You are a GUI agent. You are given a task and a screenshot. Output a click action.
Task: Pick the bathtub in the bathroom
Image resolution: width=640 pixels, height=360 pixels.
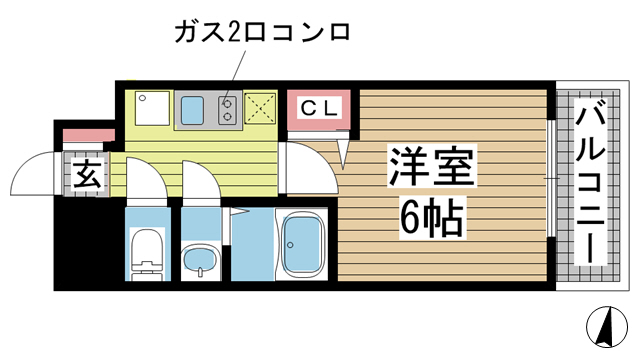click(304, 245)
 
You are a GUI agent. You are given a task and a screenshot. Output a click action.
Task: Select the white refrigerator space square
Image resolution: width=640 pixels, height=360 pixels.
click(151, 109)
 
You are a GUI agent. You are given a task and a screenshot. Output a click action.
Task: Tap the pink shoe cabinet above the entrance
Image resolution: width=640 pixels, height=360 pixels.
click(84, 136)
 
